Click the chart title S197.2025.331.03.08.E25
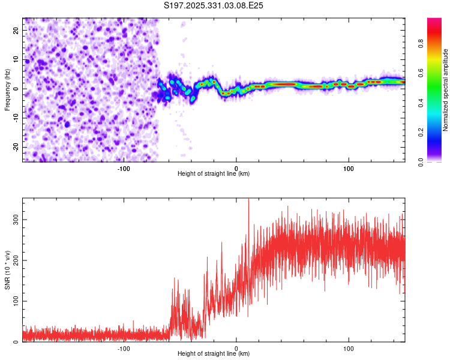tap(214, 6)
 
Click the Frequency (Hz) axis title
tap(8, 89)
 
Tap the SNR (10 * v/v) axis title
tap(8, 269)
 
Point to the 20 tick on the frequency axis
tap(16, 30)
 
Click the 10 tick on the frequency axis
tap(16, 59)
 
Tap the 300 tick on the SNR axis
tap(14, 220)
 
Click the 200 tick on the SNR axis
tap(14, 260)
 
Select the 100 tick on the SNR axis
tap(14, 301)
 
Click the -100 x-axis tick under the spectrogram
tap(124, 168)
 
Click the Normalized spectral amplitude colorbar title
tap(445, 90)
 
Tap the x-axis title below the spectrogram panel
tap(214, 174)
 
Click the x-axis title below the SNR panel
tap(214, 354)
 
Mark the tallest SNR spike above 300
tap(248, 200)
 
